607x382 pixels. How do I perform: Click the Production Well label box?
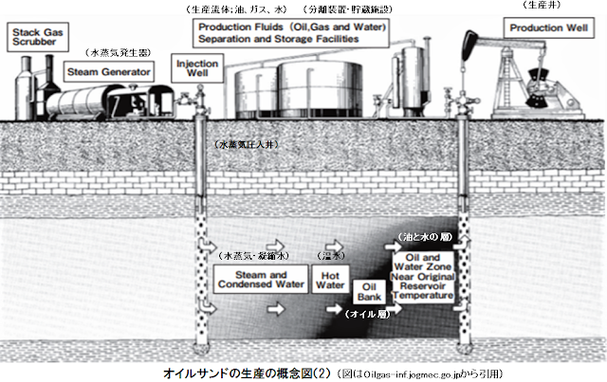544,28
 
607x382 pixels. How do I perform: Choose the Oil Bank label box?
371,291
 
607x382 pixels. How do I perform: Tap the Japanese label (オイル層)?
363,312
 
